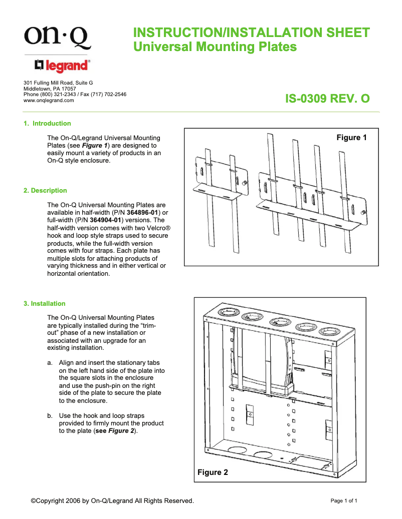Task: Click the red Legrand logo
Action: coord(62,66)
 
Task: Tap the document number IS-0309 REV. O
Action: coord(327,99)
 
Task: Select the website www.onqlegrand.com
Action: coord(49,100)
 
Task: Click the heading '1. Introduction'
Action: coord(48,124)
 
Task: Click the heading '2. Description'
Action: coord(45,191)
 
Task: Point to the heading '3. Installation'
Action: coord(45,304)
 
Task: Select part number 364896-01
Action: coord(142,212)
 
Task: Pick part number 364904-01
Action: coord(106,220)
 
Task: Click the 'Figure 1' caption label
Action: coord(351,138)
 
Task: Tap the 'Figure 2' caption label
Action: coord(213,472)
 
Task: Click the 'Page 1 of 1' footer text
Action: coord(344,500)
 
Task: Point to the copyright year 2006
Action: coord(72,500)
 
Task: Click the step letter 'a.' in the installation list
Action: coord(50,362)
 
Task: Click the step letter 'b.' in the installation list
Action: coord(50,416)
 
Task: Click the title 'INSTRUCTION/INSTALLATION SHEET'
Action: coord(251,33)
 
